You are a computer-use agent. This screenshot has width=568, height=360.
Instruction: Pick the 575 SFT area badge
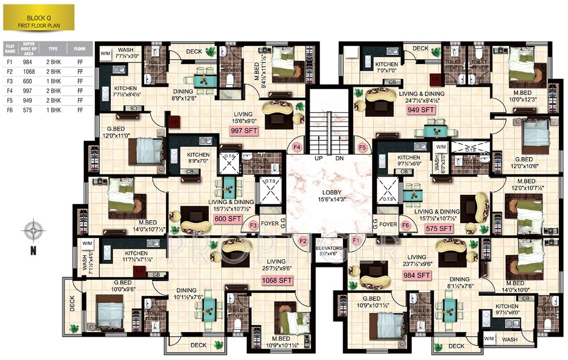click(438, 228)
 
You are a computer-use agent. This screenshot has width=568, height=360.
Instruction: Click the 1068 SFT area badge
click(277, 280)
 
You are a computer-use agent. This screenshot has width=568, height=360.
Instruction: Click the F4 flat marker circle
click(296, 147)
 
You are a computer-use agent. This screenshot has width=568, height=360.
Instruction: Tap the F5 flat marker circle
click(362, 147)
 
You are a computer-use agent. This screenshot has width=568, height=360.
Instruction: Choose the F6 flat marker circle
click(404, 225)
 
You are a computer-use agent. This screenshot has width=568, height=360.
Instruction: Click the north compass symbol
click(34, 232)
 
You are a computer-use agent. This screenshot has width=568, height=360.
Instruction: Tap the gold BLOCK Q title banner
click(38, 17)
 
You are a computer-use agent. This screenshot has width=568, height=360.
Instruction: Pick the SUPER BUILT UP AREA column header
click(29, 49)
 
